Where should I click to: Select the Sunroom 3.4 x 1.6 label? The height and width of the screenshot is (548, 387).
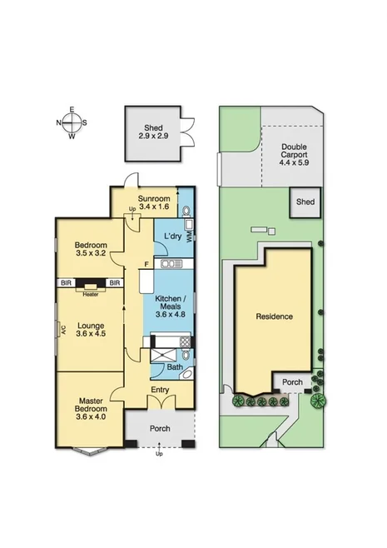tap(154, 202)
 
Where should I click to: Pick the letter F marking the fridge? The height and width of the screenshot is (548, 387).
tap(146, 265)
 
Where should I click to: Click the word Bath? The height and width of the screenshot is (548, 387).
tap(174, 367)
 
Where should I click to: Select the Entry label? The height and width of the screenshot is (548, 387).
tap(161, 389)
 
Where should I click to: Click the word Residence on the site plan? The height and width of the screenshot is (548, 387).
tap(274, 316)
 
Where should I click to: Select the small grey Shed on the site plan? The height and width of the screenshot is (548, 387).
tap(305, 202)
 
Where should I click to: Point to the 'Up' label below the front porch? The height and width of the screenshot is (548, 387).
tap(160, 455)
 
